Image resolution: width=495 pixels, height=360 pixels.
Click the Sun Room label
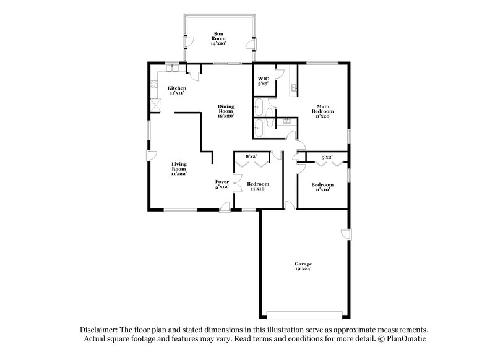[x=218, y=38]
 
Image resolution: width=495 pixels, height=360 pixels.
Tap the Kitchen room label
[x=177, y=91]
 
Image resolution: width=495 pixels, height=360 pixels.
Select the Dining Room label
[x=225, y=111]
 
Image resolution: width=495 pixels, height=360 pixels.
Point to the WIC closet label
[x=264, y=82]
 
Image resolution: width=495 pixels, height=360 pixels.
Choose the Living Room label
[x=179, y=169]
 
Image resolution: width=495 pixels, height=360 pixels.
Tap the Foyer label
[x=222, y=184]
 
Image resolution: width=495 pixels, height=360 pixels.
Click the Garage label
[x=303, y=267]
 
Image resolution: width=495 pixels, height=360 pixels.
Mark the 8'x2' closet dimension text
[x=251, y=156]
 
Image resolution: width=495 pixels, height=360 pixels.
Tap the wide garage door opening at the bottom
[x=303, y=312]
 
